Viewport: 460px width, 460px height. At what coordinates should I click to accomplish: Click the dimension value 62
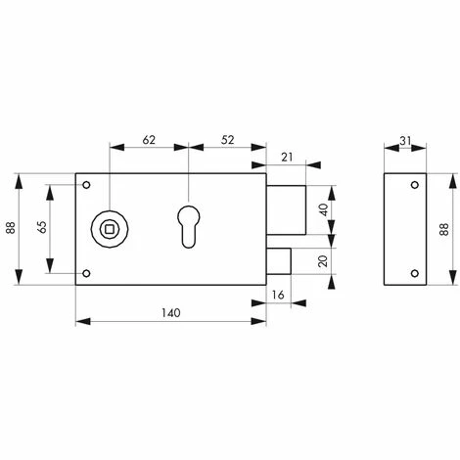point(149,139)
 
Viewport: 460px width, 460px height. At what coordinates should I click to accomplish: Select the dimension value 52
point(226,139)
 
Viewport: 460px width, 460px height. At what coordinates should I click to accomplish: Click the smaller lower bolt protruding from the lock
point(277,262)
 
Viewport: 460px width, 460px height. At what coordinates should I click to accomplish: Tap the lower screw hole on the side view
point(416,271)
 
